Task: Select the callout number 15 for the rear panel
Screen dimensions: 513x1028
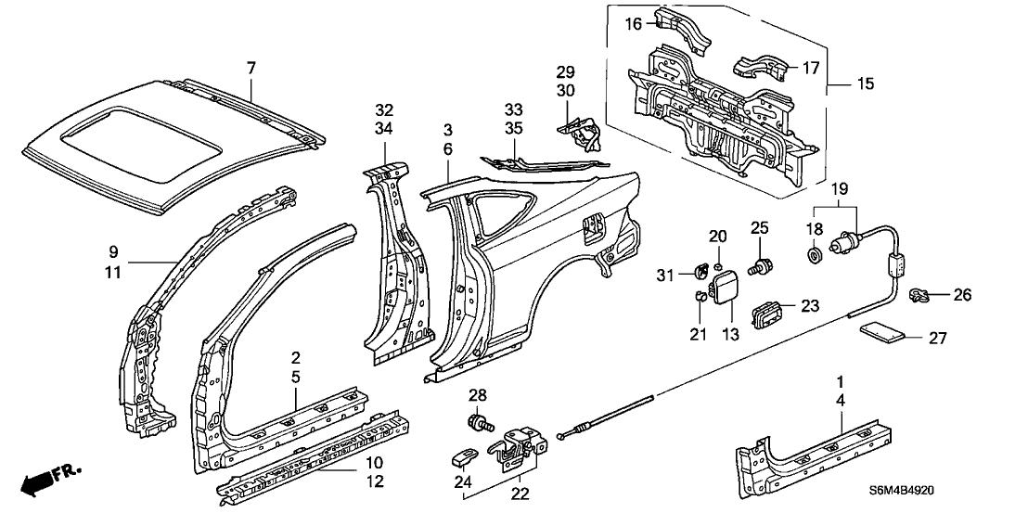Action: point(865,84)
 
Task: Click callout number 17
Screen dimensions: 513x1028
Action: point(810,67)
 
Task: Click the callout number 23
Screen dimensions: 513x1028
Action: point(810,305)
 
